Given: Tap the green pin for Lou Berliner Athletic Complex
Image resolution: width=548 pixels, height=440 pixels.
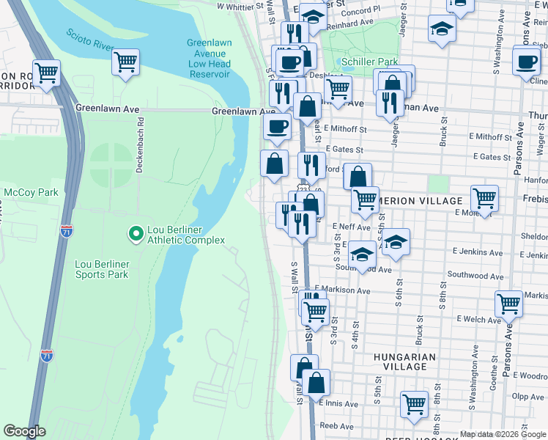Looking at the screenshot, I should point(135,234).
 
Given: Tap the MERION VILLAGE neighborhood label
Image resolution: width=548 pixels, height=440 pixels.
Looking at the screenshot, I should point(420,201).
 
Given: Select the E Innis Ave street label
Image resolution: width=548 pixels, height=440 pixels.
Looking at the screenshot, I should point(338,403).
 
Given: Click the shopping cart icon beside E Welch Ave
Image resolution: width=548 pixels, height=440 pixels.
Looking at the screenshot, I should point(508,302).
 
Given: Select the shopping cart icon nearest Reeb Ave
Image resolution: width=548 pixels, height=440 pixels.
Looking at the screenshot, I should point(414,403).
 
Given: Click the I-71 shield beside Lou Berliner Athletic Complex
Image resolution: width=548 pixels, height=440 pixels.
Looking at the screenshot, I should point(67,231).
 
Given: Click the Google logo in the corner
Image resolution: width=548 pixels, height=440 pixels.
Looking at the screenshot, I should point(25,431).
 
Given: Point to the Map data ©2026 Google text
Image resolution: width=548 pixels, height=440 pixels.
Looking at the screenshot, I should point(503,434).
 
